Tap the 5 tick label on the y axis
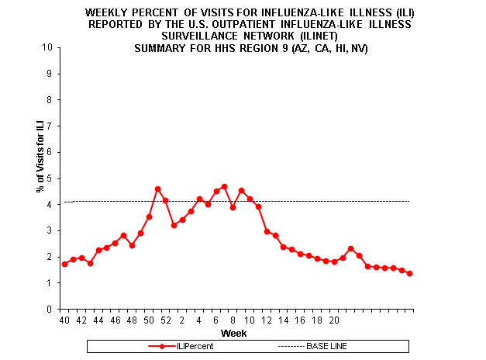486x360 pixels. tap(50, 178)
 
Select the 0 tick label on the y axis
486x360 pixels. tap(50, 309)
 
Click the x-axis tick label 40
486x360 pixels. tap(64, 319)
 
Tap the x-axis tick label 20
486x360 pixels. tap(333, 319)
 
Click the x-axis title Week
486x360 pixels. tap(234, 333)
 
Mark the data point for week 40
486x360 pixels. tap(64, 264)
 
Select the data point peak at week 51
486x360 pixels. tap(157, 189)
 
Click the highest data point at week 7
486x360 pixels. tap(224, 186)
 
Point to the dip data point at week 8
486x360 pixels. tap(233, 207)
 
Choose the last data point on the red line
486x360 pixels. tap(409, 273)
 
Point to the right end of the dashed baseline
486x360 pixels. tap(408, 202)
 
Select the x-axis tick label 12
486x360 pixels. tap(266, 319)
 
